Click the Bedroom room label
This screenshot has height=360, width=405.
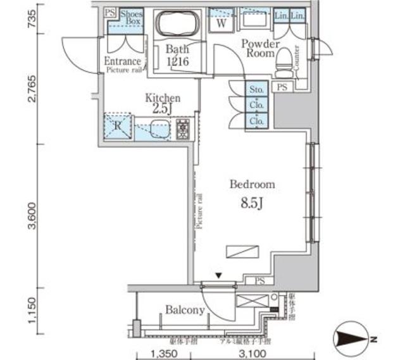click(252, 185)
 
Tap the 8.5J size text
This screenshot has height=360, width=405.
click(251, 205)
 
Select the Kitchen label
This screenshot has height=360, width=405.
click(163, 98)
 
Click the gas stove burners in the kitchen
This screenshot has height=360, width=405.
click(183, 128)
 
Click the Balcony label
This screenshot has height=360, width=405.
click(185, 310)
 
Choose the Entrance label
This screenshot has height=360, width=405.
click(123, 61)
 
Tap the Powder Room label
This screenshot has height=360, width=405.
click(260, 49)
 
